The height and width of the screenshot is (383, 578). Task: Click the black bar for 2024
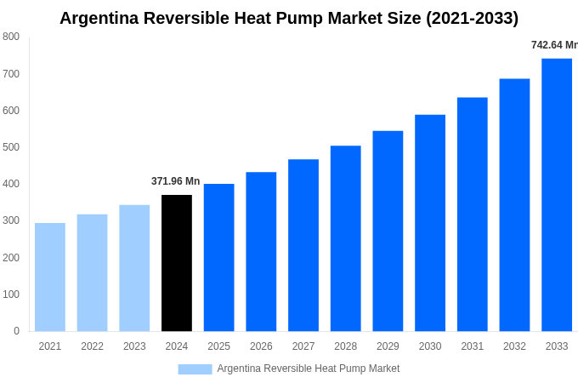point(177,263)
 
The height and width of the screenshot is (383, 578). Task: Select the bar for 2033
point(557,195)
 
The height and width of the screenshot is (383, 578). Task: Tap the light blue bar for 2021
point(50,277)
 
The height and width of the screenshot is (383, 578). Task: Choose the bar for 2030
point(430,223)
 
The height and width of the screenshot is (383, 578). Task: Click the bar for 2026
point(261,252)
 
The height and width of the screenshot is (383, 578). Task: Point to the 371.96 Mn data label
point(175,181)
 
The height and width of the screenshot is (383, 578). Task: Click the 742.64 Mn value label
point(554,45)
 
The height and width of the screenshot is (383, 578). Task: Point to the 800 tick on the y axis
point(11,37)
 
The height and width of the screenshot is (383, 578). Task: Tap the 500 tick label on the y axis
point(11,147)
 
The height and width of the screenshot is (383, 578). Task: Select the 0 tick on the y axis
point(16,331)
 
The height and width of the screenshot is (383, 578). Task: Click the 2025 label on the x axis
point(219,346)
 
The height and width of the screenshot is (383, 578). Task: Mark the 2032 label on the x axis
point(514,346)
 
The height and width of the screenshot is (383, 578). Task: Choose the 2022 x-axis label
point(93,346)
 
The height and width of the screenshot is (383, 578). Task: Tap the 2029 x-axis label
point(388,346)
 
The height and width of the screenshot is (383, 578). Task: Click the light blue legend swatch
point(195,369)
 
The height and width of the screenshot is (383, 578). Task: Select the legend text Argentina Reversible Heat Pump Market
point(308,369)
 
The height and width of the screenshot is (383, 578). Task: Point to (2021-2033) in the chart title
point(472,18)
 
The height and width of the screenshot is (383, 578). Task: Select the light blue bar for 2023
point(134,268)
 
